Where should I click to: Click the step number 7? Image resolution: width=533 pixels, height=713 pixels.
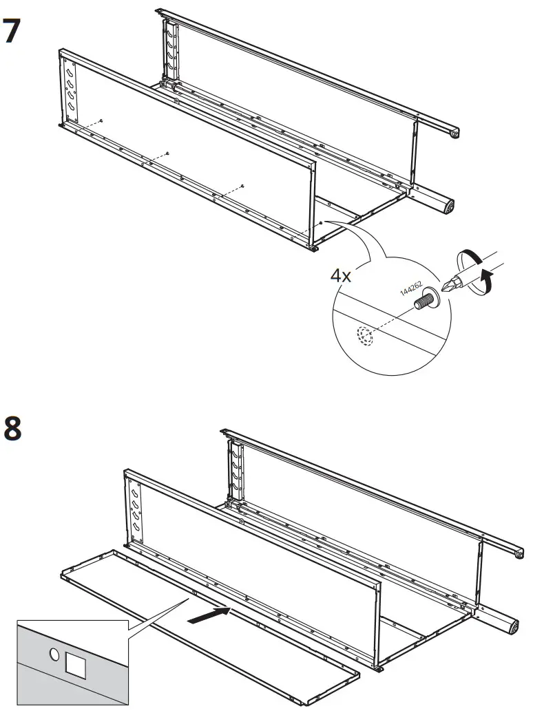pyautogui.click(x=15, y=31)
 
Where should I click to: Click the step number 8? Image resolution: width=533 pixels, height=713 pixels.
pyautogui.click(x=15, y=429)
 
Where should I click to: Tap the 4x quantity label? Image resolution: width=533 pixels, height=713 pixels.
pyautogui.click(x=341, y=276)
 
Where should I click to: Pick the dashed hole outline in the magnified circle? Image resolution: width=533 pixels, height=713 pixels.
pyautogui.click(x=363, y=336)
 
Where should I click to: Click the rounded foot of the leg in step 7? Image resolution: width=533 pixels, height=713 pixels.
pyautogui.click(x=448, y=206)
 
